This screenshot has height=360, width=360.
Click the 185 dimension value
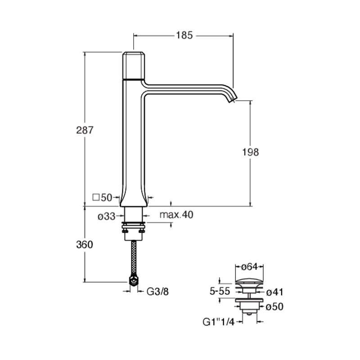(184, 36)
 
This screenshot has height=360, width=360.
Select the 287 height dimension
(85, 130)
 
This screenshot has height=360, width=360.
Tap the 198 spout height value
(251, 152)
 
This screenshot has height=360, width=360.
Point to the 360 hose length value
(85, 245)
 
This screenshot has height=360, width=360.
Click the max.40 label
(176, 215)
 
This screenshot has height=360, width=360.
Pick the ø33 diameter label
(106, 216)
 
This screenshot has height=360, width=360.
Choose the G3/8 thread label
(157, 292)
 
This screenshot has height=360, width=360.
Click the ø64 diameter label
(250, 267)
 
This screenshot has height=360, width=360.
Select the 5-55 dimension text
(220, 291)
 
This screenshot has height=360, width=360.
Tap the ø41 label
(274, 292)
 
